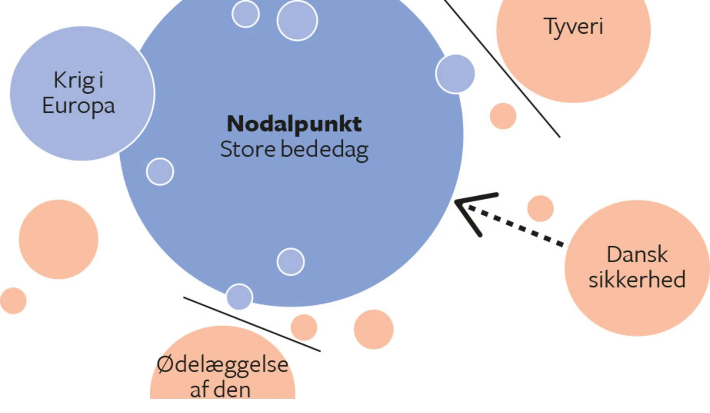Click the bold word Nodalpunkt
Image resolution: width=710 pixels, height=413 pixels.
pyautogui.click(x=294, y=124)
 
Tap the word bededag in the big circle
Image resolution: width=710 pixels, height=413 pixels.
pyautogui.click(x=324, y=150)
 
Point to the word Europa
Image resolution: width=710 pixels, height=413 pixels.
pyautogui.click(x=78, y=106)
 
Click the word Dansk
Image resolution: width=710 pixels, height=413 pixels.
pyautogui.click(x=637, y=255)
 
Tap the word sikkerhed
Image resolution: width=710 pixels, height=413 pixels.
pyautogui.click(x=637, y=280)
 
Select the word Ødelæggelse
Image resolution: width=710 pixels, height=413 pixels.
pyautogui.click(x=222, y=365)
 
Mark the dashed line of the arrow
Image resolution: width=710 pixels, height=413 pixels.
pyautogui.click(x=518, y=227)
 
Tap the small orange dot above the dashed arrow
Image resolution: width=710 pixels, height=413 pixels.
pyautogui.click(x=540, y=208)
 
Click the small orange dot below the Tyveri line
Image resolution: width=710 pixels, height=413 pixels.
pyautogui.click(x=503, y=116)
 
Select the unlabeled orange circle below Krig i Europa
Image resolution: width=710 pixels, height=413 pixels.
pyautogui.click(x=59, y=239)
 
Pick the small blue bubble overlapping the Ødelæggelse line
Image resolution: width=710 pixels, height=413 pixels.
pyautogui.click(x=240, y=296)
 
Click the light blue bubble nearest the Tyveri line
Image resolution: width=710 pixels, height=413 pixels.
pyautogui.click(x=455, y=74)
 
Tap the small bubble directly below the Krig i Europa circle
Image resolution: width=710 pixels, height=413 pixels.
pyautogui.click(x=160, y=172)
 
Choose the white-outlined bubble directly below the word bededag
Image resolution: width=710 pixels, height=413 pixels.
pyautogui.click(x=291, y=262)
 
